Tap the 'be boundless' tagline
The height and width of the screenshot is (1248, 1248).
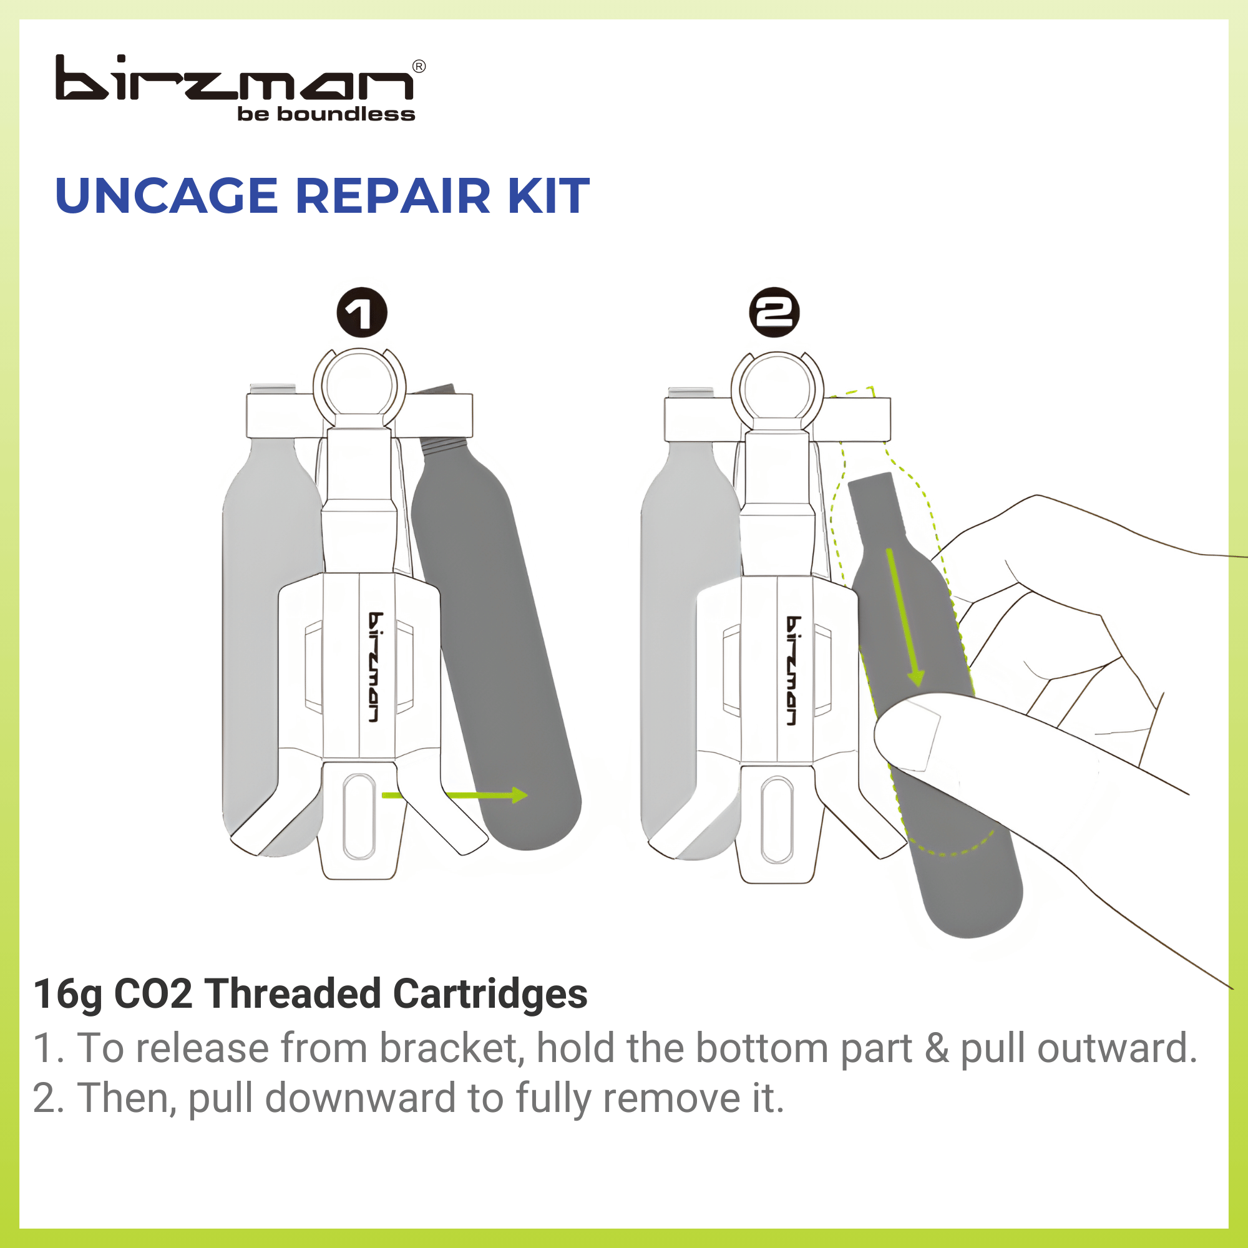326,114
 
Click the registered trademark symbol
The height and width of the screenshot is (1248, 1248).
419,67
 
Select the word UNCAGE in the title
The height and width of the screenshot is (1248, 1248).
166,196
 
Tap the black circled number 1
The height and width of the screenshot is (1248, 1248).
362,313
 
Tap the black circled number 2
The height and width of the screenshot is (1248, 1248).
774,313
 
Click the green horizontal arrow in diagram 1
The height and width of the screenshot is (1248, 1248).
478,795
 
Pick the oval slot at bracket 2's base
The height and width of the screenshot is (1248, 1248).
776,819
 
